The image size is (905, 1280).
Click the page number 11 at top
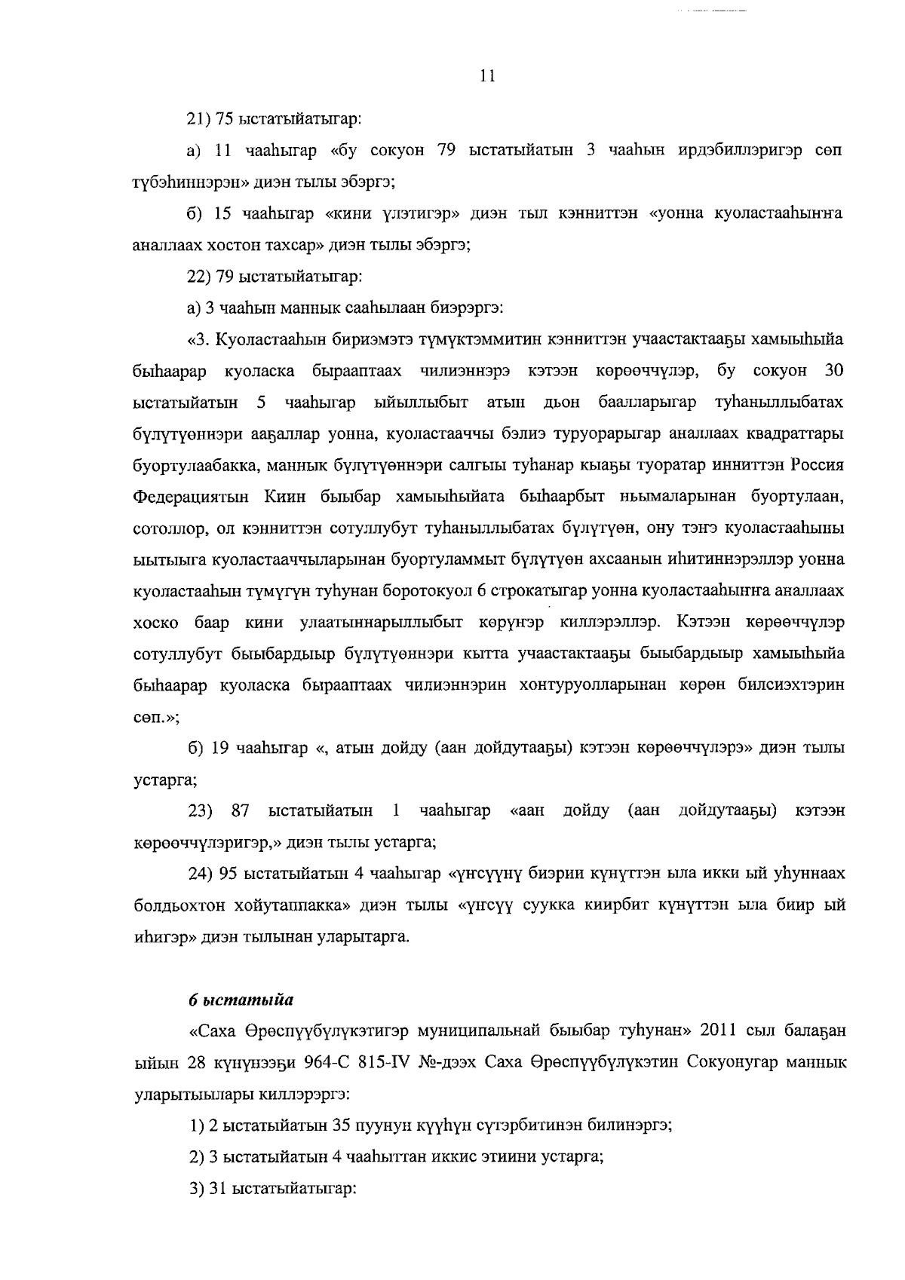[486, 76]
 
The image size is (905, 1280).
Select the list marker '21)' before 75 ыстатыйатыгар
[199, 118]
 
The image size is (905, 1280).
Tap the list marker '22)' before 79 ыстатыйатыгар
[199, 277]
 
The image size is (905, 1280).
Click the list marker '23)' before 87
[201, 810]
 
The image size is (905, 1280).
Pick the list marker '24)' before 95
[201, 874]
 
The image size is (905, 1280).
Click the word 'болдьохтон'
[171, 905]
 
